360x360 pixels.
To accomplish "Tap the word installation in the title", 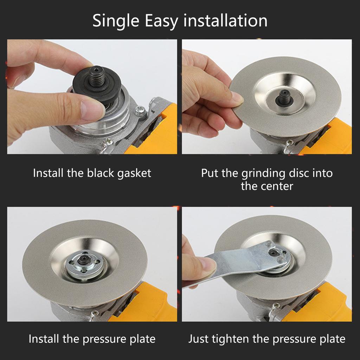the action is (x=225, y=21).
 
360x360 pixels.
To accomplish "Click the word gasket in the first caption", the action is (x=134, y=173).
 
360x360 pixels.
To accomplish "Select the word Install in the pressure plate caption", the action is (x=43, y=339).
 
